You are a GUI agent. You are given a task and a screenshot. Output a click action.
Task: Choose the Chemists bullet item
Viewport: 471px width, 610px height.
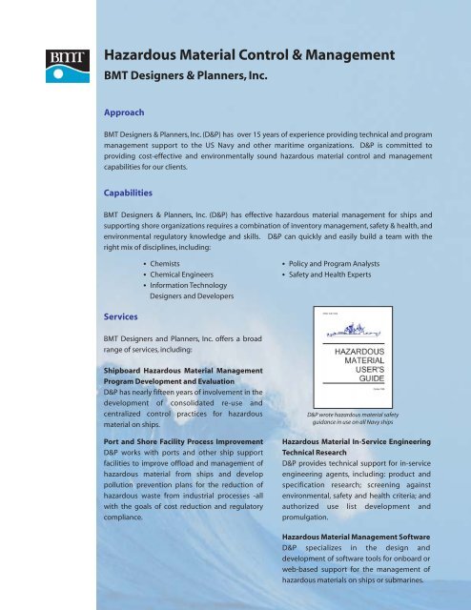coord(166,259)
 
